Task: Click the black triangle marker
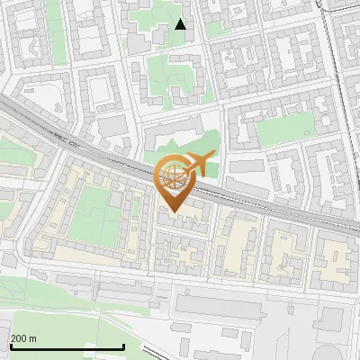180,24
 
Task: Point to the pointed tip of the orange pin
173,212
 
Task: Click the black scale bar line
67,347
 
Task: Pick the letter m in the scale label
33,338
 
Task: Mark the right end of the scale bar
123,347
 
